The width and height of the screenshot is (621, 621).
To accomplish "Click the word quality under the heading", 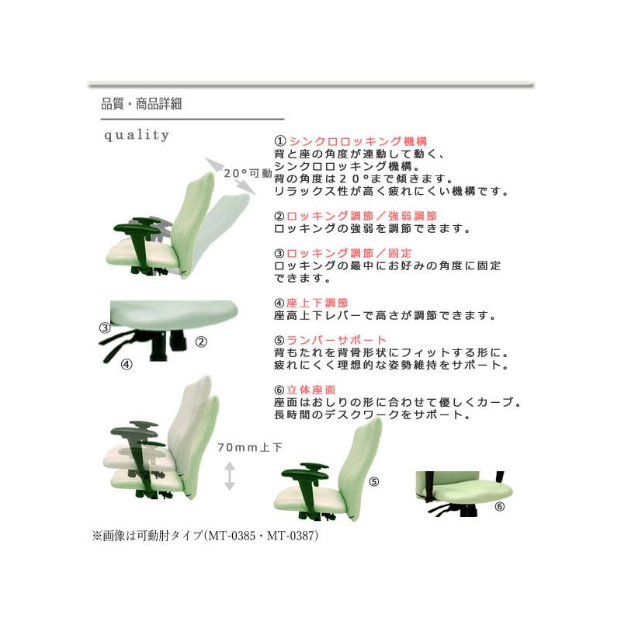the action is (137, 135).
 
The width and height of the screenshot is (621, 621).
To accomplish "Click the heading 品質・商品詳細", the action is (141, 104).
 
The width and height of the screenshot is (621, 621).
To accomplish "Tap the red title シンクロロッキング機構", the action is (358, 141).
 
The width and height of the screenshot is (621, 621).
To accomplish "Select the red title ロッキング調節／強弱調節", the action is (362, 216).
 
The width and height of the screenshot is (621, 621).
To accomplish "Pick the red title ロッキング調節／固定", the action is (349, 253).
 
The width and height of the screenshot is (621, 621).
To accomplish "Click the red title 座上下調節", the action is (317, 303).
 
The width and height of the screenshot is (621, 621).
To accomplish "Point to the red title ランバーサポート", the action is (336, 340).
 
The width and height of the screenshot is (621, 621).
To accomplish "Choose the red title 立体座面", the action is (311, 390).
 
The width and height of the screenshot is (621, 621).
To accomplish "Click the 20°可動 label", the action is (248, 173).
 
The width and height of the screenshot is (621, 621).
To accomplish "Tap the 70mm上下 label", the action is (250, 448).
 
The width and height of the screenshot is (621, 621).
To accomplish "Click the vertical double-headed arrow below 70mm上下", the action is (230, 476).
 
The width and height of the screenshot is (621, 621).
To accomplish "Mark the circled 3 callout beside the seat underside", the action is (105, 328).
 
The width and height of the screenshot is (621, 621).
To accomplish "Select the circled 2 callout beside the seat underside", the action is (201, 342).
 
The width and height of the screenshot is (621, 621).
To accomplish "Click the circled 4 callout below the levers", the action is (127, 364).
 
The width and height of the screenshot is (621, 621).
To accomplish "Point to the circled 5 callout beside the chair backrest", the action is (374, 481).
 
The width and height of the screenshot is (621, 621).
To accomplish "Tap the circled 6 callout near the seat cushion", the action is (500, 506).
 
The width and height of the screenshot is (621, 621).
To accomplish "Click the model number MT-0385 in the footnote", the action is (231, 536).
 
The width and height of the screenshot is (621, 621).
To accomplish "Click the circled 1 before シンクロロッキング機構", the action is (280, 141).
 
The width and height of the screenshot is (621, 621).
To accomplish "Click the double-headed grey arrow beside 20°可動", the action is (231, 176).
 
